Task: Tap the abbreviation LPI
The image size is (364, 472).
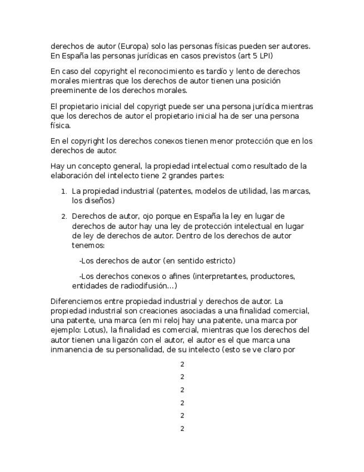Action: (x=263, y=56)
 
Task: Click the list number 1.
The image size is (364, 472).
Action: (x=64, y=191)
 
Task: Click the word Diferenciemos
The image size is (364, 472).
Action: (x=76, y=301)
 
